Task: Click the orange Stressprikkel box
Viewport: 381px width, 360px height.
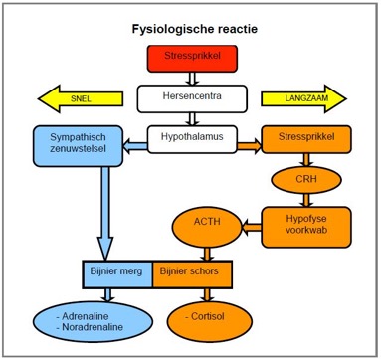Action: tap(305, 140)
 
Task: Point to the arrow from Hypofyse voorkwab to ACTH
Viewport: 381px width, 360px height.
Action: tap(249, 225)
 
